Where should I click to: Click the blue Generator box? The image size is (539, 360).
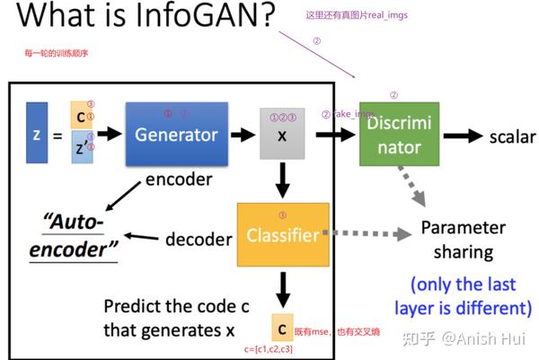(x=176, y=135)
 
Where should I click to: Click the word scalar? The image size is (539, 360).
(x=512, y=137)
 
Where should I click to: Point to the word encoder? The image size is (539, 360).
(x=179, y=180)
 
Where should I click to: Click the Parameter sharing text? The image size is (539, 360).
(x=463, y=240)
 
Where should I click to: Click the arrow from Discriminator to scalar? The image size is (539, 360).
(x=463, y=137)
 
